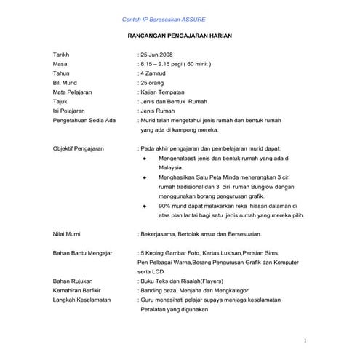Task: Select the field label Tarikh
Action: coord(62,55)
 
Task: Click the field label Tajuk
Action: coord(60,103)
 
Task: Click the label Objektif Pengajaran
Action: coord(79,148)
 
